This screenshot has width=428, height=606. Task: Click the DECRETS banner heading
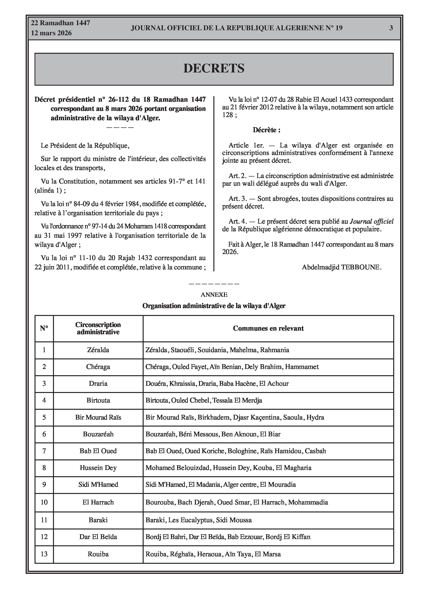click(214, 68)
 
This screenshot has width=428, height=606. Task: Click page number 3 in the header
click(391, 28)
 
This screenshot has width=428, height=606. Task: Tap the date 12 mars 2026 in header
click(52, 33)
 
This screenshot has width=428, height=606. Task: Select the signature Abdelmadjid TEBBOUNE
click(341, 267)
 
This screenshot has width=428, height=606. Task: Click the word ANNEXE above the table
click(214, 295)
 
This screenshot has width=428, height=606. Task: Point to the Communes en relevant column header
click(268, 328)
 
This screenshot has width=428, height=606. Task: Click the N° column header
click(44, 328)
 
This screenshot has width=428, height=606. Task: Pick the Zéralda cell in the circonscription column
click(98, 350)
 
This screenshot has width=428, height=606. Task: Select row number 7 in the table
click(44, 451)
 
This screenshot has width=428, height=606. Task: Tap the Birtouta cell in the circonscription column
click(98, 400)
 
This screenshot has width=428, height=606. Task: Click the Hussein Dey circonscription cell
click(98, 468)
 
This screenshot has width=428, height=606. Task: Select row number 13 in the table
click(44, 554)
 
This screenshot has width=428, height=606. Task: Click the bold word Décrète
click(266, 130)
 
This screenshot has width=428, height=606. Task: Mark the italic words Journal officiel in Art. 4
click(371, 221)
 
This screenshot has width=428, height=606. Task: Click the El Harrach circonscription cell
click(98, 502)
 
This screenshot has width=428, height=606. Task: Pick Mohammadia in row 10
click(308, 502)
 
